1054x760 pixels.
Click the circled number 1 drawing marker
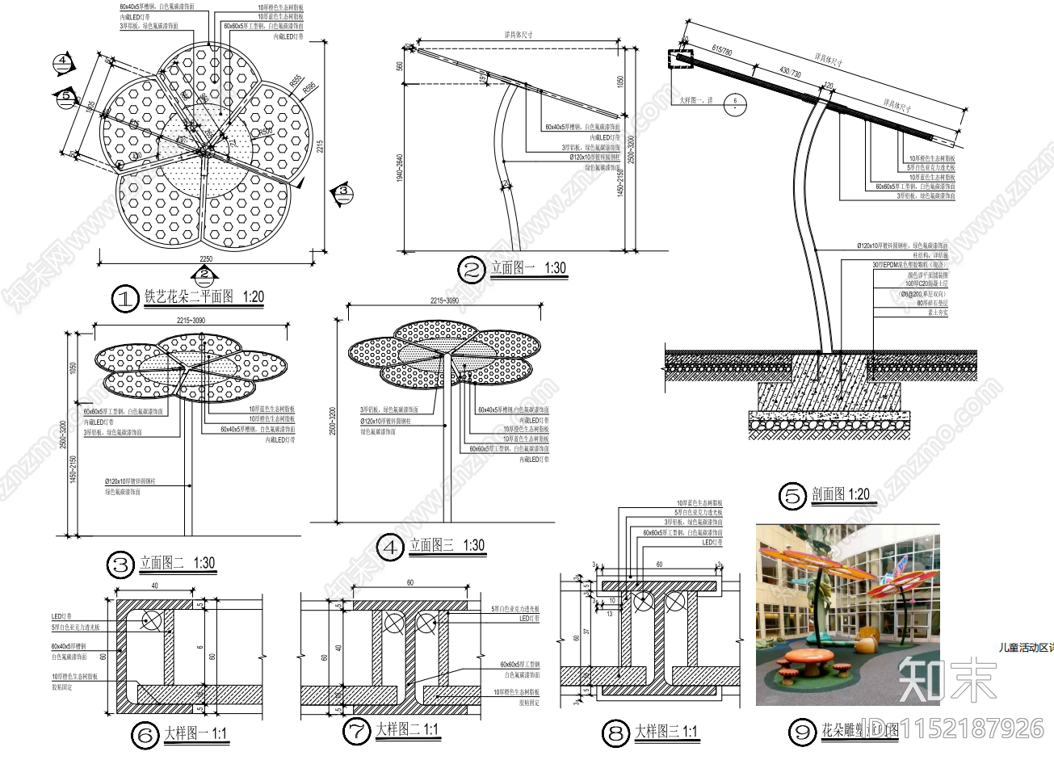tap(124, 300)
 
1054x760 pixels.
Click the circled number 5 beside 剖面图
tap(792, 496)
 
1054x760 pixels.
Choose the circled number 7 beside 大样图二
tap(356, 732)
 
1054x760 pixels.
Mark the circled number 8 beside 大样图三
tap(615, 733)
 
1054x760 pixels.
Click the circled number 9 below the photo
tap(802, 733)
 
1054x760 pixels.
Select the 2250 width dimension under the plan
tap(206, 259)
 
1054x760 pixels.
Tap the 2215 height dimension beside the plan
tap(319, 147)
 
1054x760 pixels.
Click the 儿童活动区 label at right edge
tap(1024, 646)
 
